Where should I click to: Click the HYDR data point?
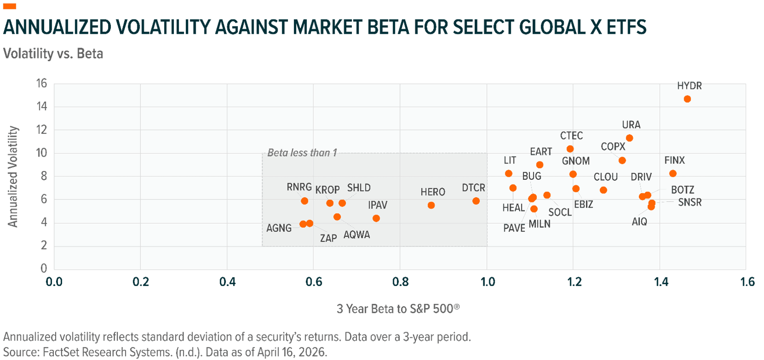(687, 99)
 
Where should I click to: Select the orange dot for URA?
(629, 138)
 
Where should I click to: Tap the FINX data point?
(673, 174)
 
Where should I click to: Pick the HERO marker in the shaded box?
(431, 205)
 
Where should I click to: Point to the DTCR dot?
(476, 201)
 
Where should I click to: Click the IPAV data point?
(376, 218)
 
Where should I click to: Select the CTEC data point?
(570, 149)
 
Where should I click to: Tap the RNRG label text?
(299, 187)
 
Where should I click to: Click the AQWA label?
(357, 235)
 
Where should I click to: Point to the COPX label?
(613, 147)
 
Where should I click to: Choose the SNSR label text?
(689, 202)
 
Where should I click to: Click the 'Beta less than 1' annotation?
(302, 153)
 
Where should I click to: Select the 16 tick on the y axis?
(42, 83)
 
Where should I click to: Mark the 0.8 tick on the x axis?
(400, 282)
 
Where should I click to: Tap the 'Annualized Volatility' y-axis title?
(13, 177)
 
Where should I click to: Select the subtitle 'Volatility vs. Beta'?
(53, 54)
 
